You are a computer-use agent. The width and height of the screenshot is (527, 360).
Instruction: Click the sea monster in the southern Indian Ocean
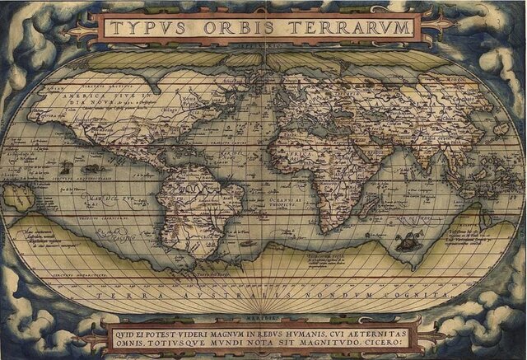pyautogui.click(x=404, y=241)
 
